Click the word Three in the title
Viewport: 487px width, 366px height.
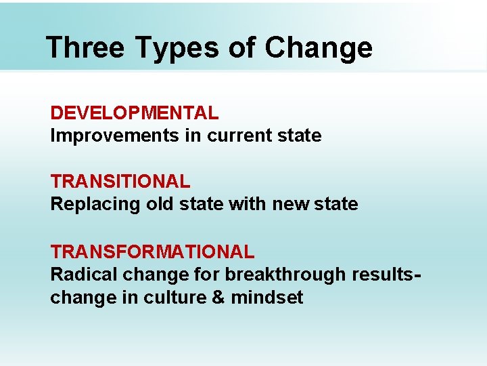pos(85,48)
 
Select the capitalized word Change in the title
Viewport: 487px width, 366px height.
pos(319,48)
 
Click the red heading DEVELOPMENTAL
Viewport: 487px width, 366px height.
pos(135,113)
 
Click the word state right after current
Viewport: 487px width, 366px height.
pos(300,136)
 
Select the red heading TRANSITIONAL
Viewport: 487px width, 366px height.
pos(120,182)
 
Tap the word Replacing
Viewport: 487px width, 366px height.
pos(95,205)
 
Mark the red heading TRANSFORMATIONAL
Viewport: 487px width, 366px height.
pos(152,252)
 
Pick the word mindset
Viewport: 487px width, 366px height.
pos(267,298)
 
